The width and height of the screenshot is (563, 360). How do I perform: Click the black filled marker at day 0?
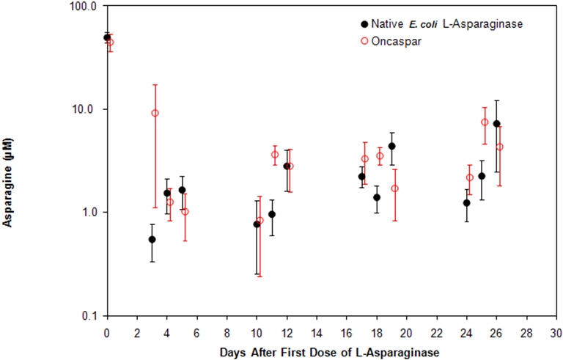107,37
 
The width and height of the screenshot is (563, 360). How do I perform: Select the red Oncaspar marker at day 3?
155,113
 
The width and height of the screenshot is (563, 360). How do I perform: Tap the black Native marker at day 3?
152,239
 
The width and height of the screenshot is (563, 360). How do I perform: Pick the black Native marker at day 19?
391,146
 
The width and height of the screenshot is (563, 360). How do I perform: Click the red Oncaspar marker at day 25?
485,122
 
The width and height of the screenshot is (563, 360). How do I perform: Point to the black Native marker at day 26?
496,124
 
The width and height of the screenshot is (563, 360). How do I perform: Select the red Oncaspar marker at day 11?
275,154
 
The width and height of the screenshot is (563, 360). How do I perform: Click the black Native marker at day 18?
377,197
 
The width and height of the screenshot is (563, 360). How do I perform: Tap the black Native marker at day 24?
466,202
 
